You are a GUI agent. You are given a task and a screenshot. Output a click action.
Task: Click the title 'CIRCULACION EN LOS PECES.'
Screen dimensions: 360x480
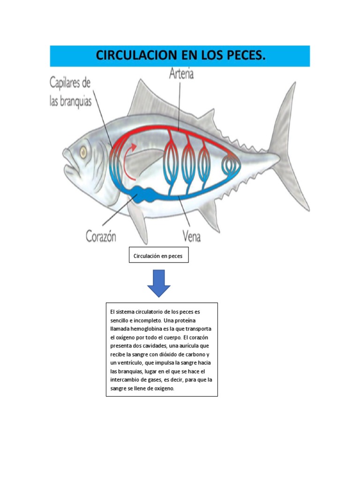click(x=180, y=56)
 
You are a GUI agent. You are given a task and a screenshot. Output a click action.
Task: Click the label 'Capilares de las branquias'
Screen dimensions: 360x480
click(x=71, y=92)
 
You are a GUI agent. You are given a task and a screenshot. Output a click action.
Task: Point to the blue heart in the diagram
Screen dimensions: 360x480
click(x=142, y=193)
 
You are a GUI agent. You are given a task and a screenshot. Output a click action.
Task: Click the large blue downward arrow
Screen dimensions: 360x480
click(x=158, y=283)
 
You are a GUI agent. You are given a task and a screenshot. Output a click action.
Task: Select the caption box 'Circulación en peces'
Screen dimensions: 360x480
click(x=158, y=256)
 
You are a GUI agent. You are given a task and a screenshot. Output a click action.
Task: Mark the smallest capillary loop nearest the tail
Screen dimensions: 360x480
click(x=230, y=165)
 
